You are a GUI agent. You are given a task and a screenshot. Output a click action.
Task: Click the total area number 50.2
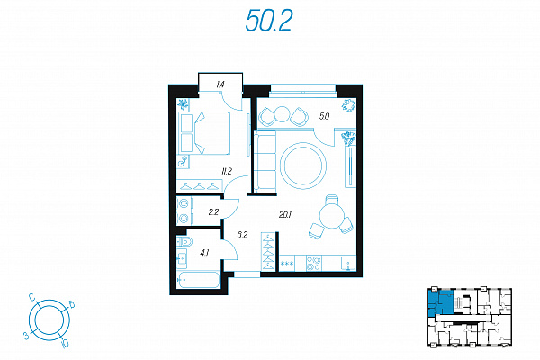pyautogui.click(x=269, y=21)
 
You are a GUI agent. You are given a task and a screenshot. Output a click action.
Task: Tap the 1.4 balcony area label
pyautogui.click(x=220, y=84)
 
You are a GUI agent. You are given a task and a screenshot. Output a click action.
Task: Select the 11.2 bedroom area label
pyautogui.click(x=227, y=171)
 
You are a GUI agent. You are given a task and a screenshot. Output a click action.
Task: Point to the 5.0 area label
pyautogui.click(x=324, y=116)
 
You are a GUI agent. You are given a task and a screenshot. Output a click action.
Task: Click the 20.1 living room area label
pyautogui.click(x=285, y=215)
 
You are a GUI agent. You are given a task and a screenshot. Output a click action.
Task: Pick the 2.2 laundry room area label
pyautogui.click(x=213, y=212)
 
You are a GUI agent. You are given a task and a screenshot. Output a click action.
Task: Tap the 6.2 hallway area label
pyautogui.click(x=242, y=235)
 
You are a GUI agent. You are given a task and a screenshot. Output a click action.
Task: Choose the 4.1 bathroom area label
pyautogui.click(x=204, y=253)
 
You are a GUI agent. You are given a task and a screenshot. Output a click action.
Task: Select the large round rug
pyautogui.click(x=303, y=166)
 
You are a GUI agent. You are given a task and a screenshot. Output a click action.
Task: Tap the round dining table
pyautogui.click(x=331, y=216)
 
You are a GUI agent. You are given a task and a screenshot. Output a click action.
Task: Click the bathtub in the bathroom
pyautogui.click(x=198, y=280)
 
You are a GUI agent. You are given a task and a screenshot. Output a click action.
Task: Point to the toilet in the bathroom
pyautogui.click(x=184, y=241)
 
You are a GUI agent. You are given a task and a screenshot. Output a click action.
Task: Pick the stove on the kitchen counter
pyautogui.click(x=313, y=263)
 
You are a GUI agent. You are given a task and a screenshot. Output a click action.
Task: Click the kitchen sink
pyautogui.click(x=348, y=264)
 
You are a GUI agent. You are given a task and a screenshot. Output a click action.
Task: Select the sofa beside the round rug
pyautogui.click(x=265, y=160)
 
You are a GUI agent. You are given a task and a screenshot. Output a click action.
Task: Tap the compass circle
pyautogui.click(x=49, y=320)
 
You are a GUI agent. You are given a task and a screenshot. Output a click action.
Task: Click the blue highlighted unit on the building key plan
pyautogui.click(x=440, y=301)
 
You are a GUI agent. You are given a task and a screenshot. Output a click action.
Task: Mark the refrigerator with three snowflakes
pyautogui.click(x=287, y=264)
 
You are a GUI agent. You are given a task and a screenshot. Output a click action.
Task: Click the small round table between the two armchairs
pyautogui.click(x=283, y=114)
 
